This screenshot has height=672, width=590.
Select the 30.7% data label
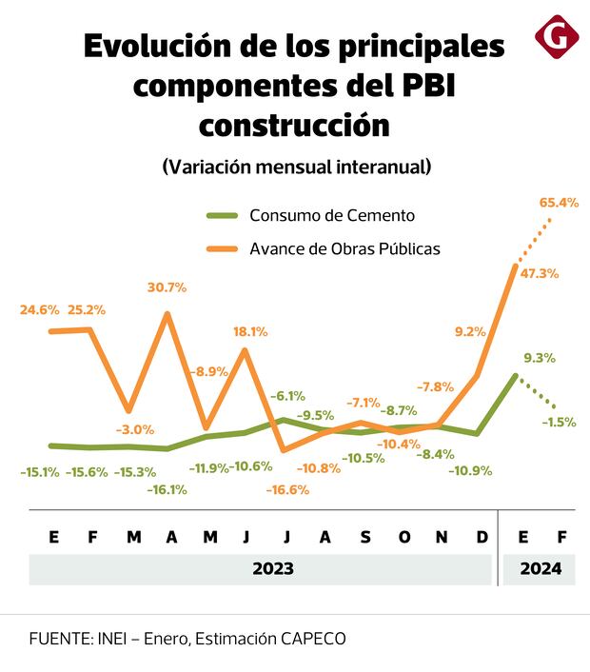pos(167,287)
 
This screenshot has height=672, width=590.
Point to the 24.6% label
pos(40,309)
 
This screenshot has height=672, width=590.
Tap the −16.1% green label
pos(167,489)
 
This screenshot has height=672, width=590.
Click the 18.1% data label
pos(249,331)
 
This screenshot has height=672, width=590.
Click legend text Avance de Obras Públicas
pos(344,248)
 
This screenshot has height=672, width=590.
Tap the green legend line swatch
pos(223,215)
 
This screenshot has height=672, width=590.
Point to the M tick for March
pos(134,538)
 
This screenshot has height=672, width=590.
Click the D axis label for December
pos(482,538)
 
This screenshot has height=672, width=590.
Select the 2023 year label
pos(272,569)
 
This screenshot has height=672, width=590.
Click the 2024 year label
pos(540,569)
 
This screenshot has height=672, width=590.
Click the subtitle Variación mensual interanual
pos(296,166)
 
